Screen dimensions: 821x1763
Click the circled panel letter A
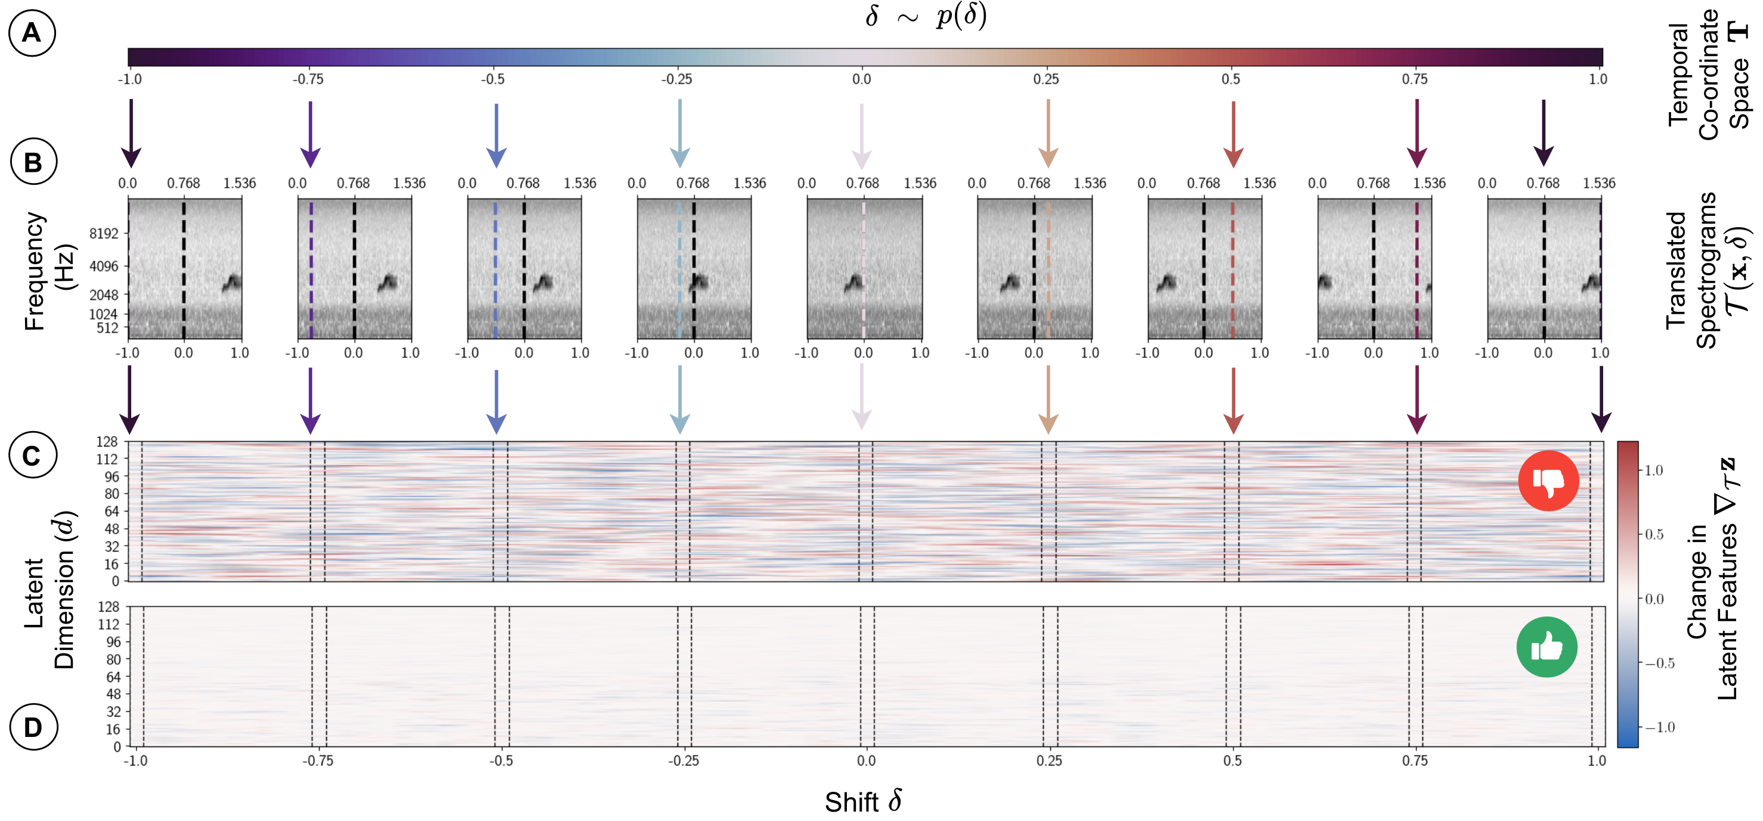click(32, 33)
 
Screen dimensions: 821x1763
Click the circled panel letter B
click(33, 162)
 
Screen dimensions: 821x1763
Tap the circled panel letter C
click(32, 456)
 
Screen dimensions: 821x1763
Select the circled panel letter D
click(33, 727)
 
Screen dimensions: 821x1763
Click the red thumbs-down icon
click(1548, 481)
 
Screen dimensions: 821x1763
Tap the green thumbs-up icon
click(1547, 646)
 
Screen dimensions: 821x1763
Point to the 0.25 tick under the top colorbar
click(1046, 79)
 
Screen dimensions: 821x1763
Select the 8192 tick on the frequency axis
click(104, 233)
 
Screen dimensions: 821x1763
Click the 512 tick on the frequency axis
click(107, 328)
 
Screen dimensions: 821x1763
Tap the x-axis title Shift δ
click(863, 801)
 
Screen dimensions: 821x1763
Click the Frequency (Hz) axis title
click(48, 270)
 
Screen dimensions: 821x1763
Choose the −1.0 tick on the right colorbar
click(1660, 727)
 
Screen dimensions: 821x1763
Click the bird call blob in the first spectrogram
click(232, 282)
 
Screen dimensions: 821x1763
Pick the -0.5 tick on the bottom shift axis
click(501, 761)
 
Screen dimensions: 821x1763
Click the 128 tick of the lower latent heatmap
click(108, 607)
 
